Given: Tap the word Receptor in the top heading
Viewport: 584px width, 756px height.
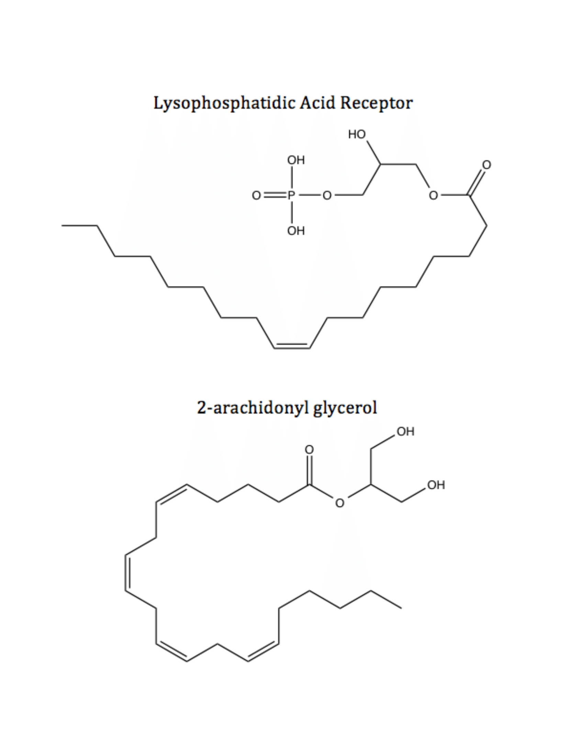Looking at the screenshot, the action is [377, 103].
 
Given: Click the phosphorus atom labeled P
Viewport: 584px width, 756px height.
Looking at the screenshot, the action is [291, 196].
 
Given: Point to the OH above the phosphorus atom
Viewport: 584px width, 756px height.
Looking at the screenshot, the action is [296, 160].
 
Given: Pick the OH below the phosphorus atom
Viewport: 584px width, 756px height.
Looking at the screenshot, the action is [296, 231].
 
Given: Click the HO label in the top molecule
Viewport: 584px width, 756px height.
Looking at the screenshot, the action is [357, 134].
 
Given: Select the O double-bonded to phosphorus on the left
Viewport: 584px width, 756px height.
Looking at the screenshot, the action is [256, 196].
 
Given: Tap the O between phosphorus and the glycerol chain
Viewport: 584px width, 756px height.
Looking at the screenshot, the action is [327, 196].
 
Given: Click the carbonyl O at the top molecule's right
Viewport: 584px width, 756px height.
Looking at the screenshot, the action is [486, 165].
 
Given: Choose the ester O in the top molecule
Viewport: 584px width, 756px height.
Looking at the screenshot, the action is [433, 196].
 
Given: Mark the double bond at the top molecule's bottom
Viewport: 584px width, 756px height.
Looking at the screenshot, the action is [292, 346].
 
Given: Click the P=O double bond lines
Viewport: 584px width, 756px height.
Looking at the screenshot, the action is [276, 196].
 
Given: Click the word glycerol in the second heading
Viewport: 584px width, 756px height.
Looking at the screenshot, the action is [345, 408].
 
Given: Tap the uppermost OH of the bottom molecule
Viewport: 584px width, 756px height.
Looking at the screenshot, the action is [405, 432].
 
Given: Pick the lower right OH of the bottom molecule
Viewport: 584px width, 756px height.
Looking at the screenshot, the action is [436, 485].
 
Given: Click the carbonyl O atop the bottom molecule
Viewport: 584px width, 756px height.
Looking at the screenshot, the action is [309, 450].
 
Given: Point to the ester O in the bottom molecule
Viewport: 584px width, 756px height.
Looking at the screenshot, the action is [340, 503].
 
